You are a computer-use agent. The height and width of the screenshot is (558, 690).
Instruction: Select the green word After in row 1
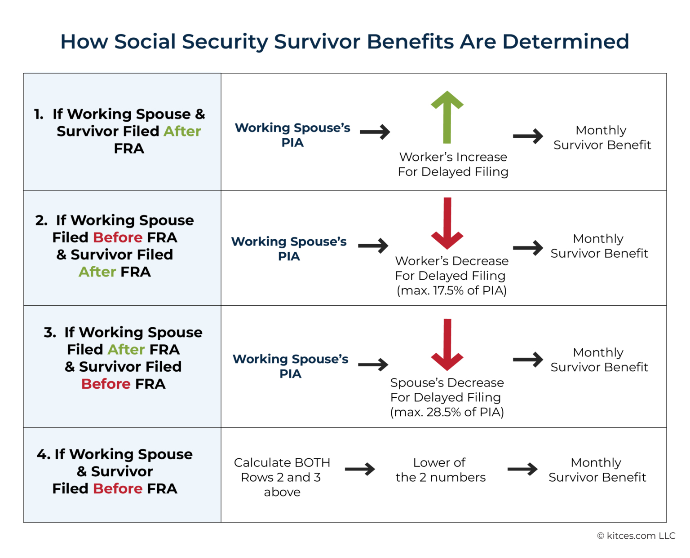(x=182, y=131)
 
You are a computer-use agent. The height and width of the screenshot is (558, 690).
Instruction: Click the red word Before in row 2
(x=118, y=237)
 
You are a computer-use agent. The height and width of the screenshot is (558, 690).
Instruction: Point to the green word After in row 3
(x=126, y=349)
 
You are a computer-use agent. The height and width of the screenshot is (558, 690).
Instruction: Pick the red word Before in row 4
(x=118, y=488)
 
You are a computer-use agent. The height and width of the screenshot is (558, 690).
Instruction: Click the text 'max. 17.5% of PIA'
(x=451, y=290)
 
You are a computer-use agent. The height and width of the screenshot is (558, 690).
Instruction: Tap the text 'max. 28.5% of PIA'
(x=447, y=412)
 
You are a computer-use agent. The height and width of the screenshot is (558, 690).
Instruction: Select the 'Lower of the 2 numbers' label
(x=440, y=470)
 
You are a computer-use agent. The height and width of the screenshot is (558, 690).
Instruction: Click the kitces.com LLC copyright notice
(x=636, y=536)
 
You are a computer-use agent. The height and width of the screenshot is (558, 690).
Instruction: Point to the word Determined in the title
(x=566, y=41)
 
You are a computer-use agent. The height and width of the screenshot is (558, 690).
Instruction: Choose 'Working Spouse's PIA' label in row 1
(x=292, y=135)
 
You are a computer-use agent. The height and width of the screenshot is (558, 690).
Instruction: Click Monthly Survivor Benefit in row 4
(x=597, y=470)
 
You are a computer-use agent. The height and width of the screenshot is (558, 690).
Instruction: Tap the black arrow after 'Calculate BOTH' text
(x=360, y=469)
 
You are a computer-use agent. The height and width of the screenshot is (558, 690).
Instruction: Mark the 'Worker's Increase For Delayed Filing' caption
(x=453, y=164)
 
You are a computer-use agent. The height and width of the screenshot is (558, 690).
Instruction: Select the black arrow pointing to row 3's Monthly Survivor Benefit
(x=528, y=359)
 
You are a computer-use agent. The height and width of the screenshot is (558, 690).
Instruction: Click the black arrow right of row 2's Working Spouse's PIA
(x=373, y=246)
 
